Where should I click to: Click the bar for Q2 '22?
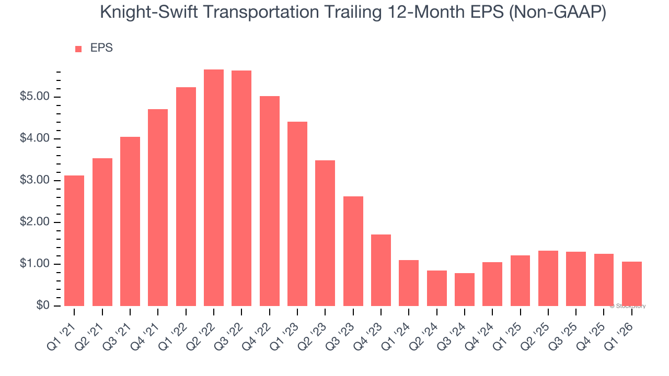tap(214, 188)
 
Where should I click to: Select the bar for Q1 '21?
tap(74, 241)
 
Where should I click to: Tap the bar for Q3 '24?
tap(465, 289)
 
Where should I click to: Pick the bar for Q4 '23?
tap(381, 270)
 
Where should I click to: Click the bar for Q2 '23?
tap(325, 233)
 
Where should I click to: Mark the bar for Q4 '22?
tap(270, 201)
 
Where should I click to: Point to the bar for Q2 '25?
tap(548, 278)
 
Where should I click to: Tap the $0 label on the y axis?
tap(42, 306)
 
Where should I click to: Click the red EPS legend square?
tap(78, 49)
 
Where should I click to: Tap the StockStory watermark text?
tap(629, 306)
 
